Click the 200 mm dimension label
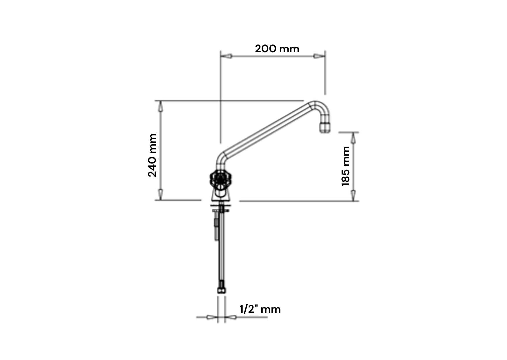tap(277, 49)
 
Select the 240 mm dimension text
tap(152, 155)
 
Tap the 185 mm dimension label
tap(346, 166)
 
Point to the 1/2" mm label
tap(260, 309)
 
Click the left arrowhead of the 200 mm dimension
tap(227, 56)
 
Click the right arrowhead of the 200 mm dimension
tap(319, 56)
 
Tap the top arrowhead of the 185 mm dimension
tap(353, 138)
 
